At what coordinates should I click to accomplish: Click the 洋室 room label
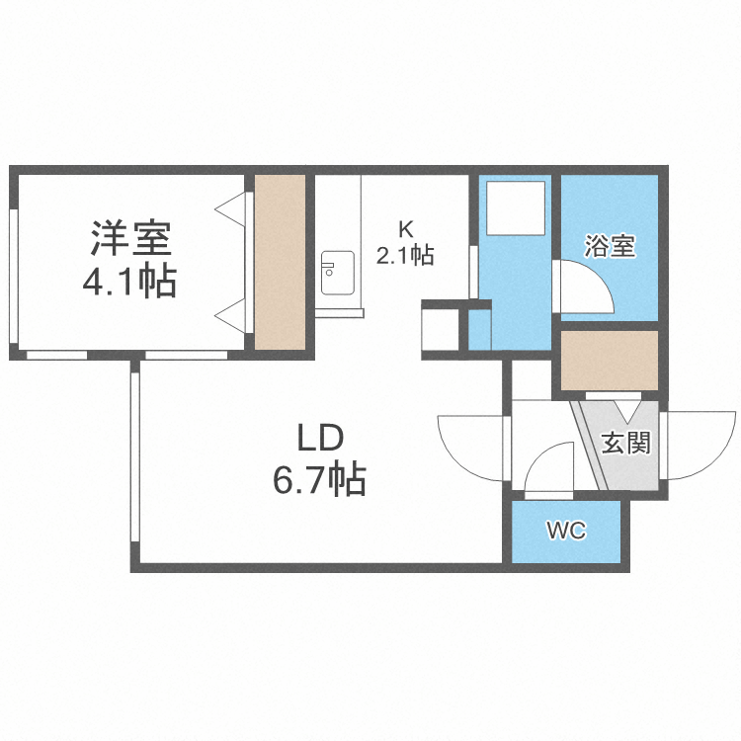point(131,239)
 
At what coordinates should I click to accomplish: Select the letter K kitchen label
point(405,225)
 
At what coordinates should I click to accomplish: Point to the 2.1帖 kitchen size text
point(405,255)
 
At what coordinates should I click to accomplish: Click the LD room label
point(319,436)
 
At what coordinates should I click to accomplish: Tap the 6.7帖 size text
point(319,481)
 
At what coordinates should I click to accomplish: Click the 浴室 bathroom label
point(609,246)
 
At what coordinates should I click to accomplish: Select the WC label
point(566,532)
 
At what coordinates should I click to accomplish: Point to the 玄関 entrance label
point(626,444)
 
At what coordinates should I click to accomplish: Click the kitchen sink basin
point(338,272)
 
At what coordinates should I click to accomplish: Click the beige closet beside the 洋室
point(280,261)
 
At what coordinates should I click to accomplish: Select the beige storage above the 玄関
point(609,360)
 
